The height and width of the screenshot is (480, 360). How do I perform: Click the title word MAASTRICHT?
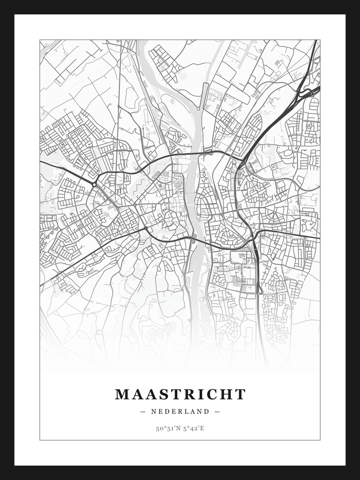click(x=180, y=395)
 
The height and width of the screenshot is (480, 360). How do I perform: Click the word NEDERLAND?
click(x=180, y=411)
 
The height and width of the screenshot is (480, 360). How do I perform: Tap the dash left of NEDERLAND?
click(x=143, y=411)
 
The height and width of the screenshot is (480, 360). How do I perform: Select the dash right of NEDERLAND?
click(x=217, y=411)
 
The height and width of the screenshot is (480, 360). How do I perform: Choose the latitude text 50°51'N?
click(x=168, y=428)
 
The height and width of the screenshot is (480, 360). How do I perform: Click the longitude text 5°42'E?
click(x=194, y=428)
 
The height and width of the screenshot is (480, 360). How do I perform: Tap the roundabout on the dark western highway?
click(x=94, y=184)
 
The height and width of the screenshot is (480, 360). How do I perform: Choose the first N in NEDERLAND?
click(x=154, y=411)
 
